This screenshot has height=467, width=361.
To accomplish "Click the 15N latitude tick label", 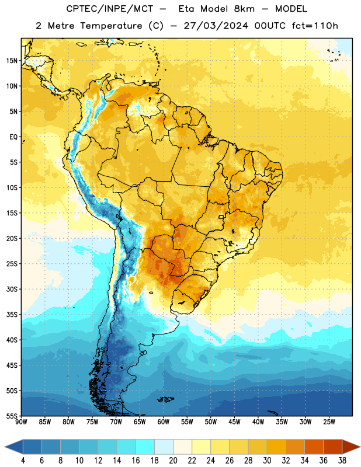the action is [12, 61].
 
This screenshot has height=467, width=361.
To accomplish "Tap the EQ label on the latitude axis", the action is [13, 137].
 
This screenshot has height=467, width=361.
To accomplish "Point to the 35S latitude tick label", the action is [12, 315].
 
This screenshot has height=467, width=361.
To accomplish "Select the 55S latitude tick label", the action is [12, 416].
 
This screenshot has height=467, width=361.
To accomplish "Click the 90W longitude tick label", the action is [21, 422].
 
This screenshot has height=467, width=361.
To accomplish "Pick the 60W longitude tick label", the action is [164, 422].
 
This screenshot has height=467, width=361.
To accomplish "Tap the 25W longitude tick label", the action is [329, 422].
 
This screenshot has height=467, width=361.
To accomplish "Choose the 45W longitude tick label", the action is [235, 422].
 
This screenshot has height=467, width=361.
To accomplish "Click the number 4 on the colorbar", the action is [23, 461].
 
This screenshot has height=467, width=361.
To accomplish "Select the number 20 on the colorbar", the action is [173, 461].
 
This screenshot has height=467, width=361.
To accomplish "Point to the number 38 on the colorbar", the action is [342, 461].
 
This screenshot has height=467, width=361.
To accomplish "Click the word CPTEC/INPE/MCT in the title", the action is [109, 9].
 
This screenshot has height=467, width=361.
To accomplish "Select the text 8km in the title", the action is [244, 9].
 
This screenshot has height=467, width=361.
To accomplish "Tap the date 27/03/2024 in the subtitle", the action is [216, 26].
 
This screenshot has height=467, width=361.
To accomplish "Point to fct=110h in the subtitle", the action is [315, 26].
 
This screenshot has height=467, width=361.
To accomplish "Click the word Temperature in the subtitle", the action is [111, 26].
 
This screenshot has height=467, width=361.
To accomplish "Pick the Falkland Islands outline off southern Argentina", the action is [166, 399].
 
